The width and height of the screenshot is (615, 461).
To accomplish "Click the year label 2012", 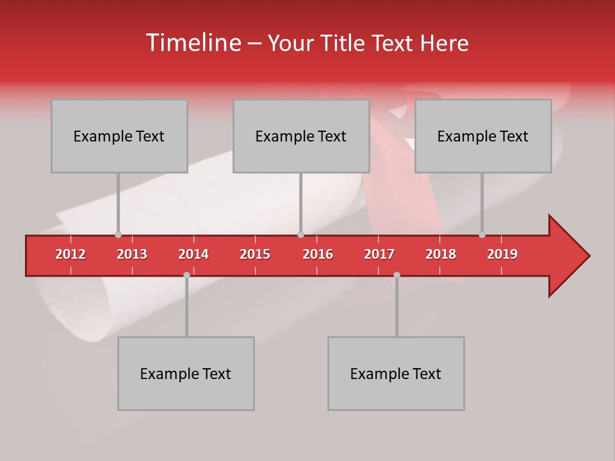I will tap(70, 254).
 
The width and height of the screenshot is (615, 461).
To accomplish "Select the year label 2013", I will tap(132, 254).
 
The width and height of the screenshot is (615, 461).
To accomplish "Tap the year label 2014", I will tap(193, 254).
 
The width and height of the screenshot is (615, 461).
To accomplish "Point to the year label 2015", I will tap(255, 254).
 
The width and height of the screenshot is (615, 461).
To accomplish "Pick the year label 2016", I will tap(318, 254).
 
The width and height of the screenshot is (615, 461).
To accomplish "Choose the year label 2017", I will tap(379, 254).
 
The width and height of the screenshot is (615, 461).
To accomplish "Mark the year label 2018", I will tap(441, 254).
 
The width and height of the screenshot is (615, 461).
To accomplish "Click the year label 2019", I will tap(502, 254).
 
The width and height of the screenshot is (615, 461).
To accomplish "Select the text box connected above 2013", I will tap(119, 136).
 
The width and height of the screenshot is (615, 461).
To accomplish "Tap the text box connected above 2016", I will tap(301, 136).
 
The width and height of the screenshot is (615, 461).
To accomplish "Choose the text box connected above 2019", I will tap(483, 136).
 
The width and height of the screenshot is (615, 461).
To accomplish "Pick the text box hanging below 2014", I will tap(186, 373).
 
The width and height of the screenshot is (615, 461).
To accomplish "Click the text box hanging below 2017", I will tap(396, 373).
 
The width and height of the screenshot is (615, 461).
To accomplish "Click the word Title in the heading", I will tap(345, 44).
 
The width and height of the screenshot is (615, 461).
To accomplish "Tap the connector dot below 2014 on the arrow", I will tap(186, 275).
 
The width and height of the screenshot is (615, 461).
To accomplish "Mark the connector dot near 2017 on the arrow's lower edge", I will tap(397, 275).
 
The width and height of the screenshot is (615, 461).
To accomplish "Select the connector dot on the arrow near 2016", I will tap(300, 235).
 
